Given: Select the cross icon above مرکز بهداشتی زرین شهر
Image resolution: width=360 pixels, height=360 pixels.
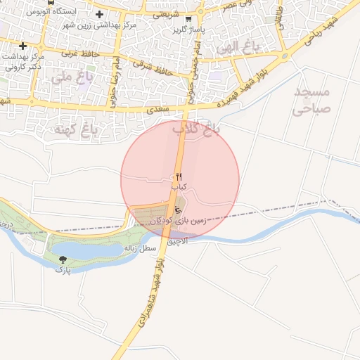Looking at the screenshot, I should pos(99,14).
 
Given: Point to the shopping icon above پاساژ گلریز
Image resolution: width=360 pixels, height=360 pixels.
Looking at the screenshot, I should pos(188,20).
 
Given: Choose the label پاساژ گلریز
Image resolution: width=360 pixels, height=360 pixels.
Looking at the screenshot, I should pos(189,31).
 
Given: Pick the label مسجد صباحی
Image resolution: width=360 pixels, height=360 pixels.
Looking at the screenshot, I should pos(309,101).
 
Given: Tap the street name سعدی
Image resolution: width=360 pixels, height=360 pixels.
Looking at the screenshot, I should pos(158,111).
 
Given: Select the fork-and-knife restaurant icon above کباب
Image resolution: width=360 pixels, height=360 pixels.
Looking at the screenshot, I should pos(178,176).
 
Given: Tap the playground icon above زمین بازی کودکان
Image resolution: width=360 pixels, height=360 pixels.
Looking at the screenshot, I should pos(178,209).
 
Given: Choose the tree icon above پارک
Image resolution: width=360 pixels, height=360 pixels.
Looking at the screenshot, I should pos(64,259).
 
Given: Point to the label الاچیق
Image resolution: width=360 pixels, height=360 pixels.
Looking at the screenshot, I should pos(178,240).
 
